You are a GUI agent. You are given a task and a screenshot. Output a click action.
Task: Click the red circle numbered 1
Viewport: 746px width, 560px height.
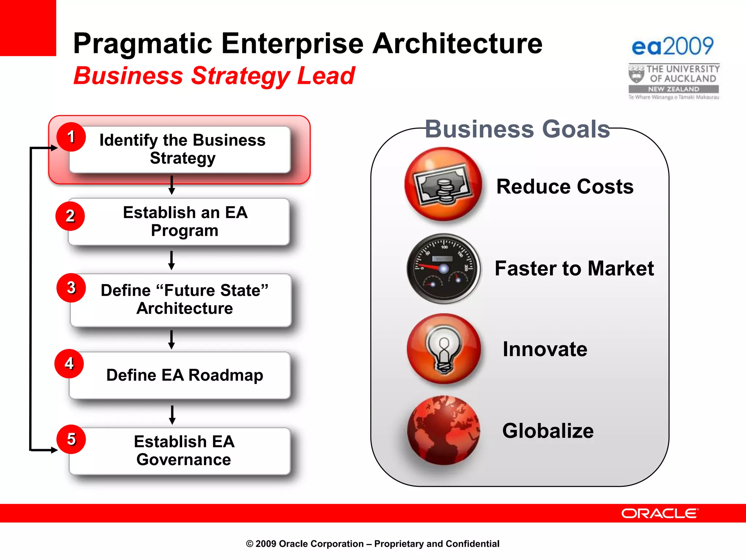tap(71, 137)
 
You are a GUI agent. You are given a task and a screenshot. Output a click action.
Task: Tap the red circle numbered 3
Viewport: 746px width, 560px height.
tap(71, 288)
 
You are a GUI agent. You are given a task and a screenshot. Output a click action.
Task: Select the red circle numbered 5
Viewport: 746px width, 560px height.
tap(71, 439)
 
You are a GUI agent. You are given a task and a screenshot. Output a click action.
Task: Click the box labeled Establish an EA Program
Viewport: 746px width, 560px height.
tap(185, 221)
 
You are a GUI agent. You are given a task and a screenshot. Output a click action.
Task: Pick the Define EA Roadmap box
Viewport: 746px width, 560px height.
tap(184, 375)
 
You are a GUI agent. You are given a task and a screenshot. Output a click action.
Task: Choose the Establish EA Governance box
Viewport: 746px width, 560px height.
tap(184, 451)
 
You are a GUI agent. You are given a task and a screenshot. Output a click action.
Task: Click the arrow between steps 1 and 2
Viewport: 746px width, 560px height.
tap(172, 185)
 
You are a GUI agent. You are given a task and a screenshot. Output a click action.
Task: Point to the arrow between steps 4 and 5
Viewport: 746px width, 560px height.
tap(172, 415)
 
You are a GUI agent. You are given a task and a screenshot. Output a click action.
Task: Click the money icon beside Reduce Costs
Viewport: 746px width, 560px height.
tap(443, 184)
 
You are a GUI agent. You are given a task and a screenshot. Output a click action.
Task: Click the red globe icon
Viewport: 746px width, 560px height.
tap(443, 431)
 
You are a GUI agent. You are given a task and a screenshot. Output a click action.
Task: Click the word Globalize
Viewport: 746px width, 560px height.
tap(548, 431)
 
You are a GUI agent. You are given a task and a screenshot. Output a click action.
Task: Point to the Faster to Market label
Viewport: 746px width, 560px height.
tap(574, 268)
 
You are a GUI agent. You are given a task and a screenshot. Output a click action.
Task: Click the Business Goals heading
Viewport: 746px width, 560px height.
tap(517, 129)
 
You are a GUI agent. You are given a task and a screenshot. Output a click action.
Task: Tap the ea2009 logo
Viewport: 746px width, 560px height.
tap(672, 46)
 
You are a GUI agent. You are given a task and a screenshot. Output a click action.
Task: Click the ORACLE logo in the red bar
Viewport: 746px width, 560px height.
tap(660, 513)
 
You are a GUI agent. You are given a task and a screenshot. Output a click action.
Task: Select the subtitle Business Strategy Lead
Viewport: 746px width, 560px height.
tap(214, 76)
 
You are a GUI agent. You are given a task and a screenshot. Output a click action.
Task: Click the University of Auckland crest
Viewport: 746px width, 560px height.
tap(636, 74)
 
